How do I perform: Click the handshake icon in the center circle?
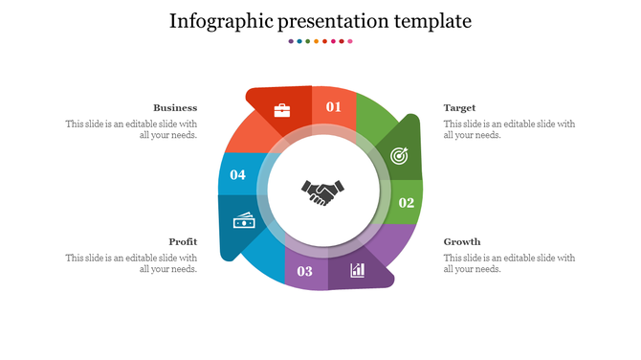tap(321, 192)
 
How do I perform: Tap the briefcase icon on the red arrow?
tap(282, 110)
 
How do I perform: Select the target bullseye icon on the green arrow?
tap(398, 155)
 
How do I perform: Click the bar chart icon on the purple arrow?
tap(358, 270)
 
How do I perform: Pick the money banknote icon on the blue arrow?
tap(244, 222)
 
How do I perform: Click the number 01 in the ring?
tap(333, 107)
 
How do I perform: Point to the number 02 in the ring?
tap(407, 203)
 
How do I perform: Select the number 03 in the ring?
tap(305, 272)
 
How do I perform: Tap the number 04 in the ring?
tap(238, 175)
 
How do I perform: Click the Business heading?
tap(175, 108)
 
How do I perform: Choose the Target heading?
tap(459, 108)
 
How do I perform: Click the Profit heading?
tap(183, 242)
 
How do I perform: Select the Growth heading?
tap(462, 242)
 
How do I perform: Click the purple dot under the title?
tap(291, 41)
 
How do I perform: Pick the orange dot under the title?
tap(317, 41)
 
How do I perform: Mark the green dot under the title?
tap(308, 41)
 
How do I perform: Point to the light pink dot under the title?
tap(350, 41)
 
